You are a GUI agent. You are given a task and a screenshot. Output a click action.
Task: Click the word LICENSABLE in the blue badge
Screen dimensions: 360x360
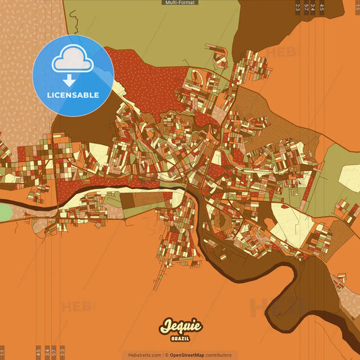[x=73, y=95]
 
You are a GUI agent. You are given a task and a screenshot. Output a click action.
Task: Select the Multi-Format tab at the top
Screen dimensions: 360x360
[x=180, y=3]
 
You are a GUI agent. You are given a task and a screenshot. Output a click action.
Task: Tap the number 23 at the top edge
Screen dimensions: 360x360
[x=297, y=7]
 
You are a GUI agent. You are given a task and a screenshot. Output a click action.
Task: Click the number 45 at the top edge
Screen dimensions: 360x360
[x=322, y=7]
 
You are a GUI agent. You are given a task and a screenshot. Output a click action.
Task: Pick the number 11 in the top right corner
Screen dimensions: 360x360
[x=356, y=7]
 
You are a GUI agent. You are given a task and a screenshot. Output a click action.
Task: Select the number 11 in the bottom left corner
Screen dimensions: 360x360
[x=3, y=352]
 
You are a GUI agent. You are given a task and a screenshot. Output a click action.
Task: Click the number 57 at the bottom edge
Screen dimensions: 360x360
[x=54, y=352]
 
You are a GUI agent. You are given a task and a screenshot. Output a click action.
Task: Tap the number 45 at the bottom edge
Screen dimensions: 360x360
[x=38, y=352]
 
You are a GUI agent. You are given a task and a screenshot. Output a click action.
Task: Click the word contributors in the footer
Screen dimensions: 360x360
[x=218, y=355]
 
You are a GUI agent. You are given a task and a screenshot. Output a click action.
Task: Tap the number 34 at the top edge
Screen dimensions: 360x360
[x=313, y=7]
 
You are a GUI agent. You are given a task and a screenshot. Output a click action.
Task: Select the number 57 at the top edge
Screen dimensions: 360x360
[x=305, y=7]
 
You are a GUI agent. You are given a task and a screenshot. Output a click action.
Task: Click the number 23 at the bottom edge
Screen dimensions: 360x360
[x=62, y=352]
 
